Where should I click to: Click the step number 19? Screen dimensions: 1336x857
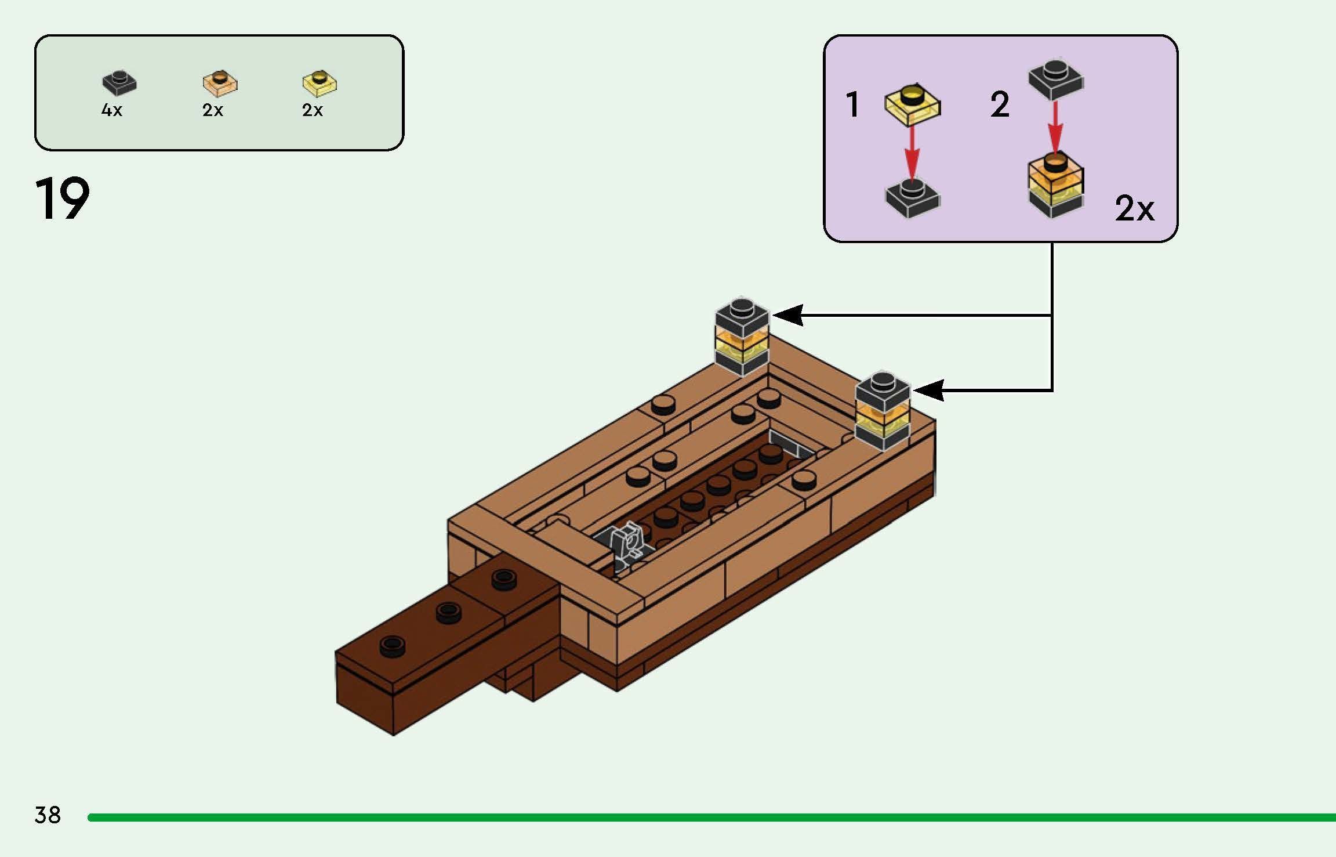click(x=63, y=198)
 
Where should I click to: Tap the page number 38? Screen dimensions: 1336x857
click(x=48, y=815)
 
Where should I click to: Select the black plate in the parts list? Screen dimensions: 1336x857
click(x=119, y=82)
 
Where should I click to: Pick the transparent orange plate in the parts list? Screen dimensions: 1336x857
click(x=220, y=82)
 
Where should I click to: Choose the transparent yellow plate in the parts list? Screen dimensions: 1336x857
click(x=320, y=82)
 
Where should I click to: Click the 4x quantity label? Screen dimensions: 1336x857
click(x=112, y=110)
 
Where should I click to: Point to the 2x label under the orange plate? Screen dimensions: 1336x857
click(x=213, y=110)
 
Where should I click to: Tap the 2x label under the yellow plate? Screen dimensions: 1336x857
click(x=313, y=110)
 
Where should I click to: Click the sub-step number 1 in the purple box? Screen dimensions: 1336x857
click(x=852, y=105)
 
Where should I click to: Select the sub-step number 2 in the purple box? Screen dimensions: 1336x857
click(x=1000, y=105)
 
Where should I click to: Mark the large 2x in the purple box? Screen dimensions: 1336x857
click(x=1134, y=208)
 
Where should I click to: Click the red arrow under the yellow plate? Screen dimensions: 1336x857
click(x=912, y=153)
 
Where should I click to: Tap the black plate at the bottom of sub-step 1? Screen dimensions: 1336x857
click(x=913, y=198)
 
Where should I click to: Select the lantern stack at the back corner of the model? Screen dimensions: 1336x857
click(x=742, y=336)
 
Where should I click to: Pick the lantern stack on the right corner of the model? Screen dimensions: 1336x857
click(x=883, y=410)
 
